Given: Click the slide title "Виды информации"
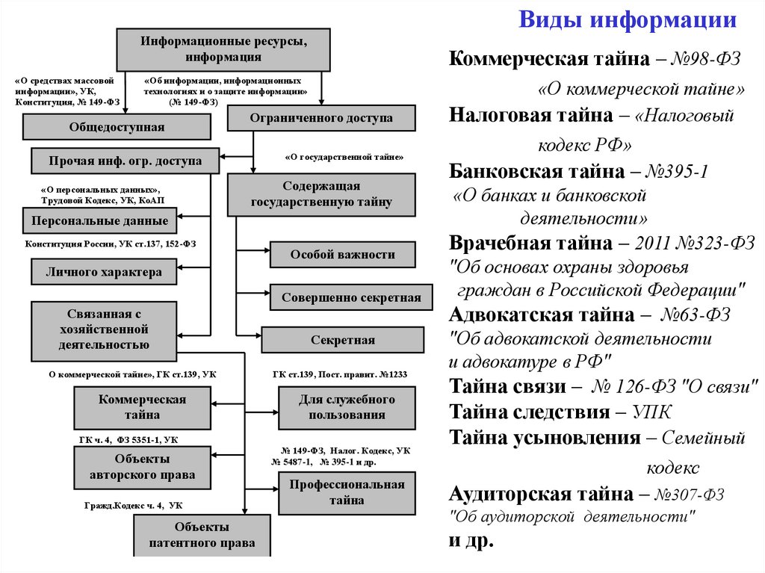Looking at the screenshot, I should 628,20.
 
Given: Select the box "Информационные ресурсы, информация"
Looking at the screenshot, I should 223,49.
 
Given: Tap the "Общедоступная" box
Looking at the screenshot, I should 117,127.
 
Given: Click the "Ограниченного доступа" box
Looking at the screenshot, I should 320,118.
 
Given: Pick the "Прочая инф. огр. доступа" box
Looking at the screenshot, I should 126,161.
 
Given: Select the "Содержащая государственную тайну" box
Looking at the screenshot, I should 321,194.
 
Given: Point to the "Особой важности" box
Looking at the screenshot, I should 342,255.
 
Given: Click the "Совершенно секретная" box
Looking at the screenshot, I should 351,297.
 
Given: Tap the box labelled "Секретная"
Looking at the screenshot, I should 342,340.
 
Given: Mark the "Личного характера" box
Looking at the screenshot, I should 104,272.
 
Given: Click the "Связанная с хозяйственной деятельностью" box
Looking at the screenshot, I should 104,331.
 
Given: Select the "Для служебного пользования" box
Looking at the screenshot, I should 347,408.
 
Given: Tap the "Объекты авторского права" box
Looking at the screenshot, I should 142,466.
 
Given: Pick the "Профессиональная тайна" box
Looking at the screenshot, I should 347,492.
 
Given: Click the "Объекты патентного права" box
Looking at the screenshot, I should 202,536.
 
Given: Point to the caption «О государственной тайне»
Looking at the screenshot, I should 344,158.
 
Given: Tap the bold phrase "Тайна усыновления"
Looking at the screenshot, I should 545,438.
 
